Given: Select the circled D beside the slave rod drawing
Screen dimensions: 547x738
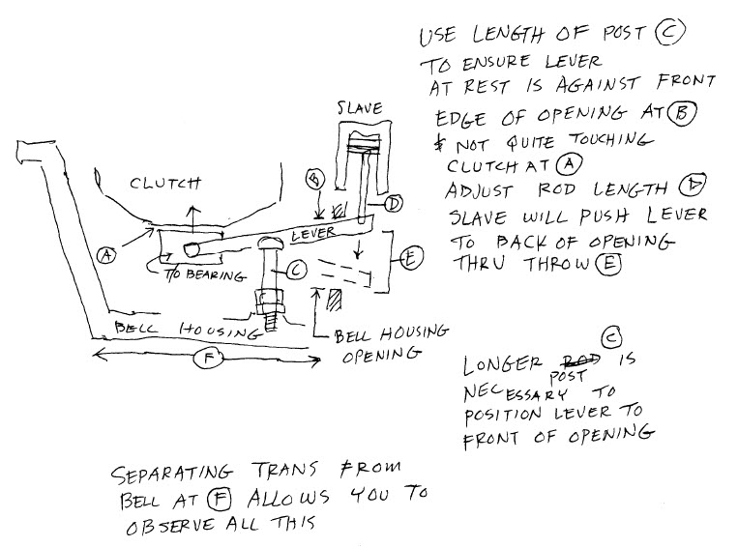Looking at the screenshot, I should (394, 203).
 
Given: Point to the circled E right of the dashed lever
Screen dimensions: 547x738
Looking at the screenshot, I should (411, 259).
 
